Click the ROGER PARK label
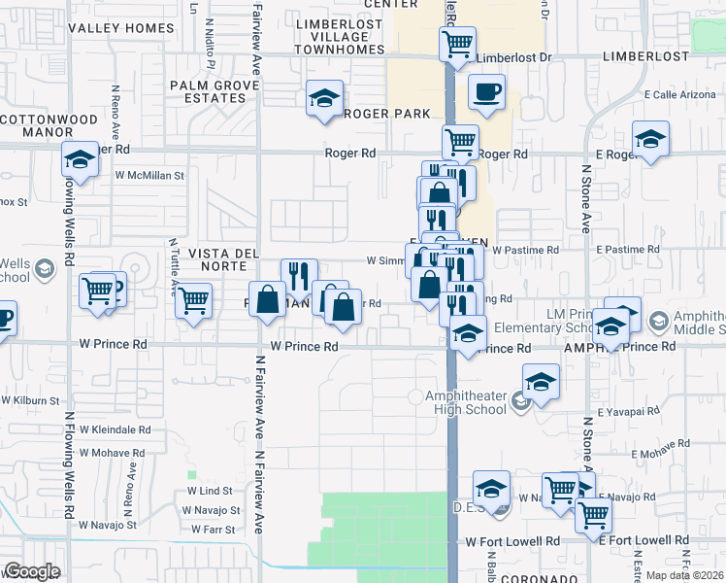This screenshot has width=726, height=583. point(386,114)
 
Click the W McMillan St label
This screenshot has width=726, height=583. point(149,176)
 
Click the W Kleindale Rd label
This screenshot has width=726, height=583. point(115,429)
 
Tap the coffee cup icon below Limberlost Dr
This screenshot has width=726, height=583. point(486,92)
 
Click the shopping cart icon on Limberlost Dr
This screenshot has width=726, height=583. point(457,44)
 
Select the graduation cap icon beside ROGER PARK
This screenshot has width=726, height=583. point(324,98)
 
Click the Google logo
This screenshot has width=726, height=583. point(32,571)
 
